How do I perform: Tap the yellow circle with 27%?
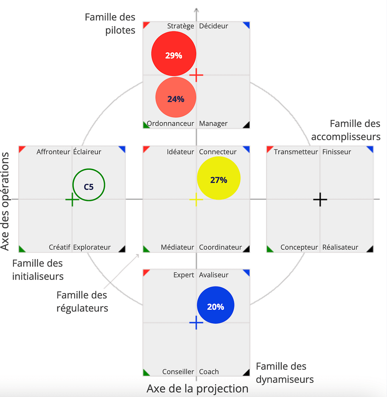tap(219, 178)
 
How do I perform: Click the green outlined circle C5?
tap(89, 185)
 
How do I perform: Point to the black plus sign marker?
tap(320, 199)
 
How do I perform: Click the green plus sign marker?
tap(72, 199)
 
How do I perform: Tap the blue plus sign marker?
tap(196, 323)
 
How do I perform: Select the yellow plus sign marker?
tap(196, 199)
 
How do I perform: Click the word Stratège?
tap(180, 26)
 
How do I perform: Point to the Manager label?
tap(213, 124)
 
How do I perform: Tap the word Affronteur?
tap(53, 152)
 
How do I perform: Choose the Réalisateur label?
tap(340, 247)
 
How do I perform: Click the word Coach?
tap(209, 372)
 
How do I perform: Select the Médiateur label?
tap(177, 247)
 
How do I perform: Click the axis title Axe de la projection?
tap(197, 388)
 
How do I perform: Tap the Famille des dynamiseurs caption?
tap(285, 373)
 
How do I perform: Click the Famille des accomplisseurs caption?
tap(346, 130)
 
